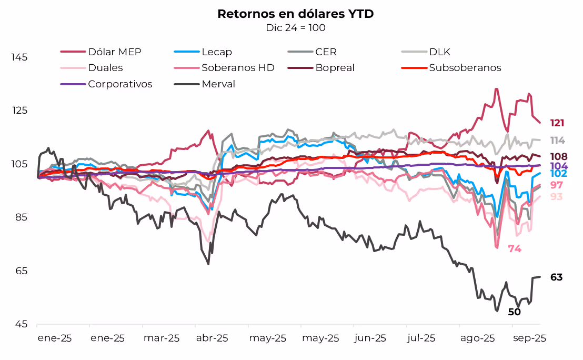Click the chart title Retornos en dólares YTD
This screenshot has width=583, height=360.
295,14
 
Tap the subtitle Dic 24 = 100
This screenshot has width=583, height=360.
295,27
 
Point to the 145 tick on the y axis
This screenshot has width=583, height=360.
19,57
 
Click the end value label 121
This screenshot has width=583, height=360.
557,123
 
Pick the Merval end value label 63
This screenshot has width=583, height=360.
557,277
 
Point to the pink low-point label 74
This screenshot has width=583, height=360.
515,249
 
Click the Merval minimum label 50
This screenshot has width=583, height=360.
515,312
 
